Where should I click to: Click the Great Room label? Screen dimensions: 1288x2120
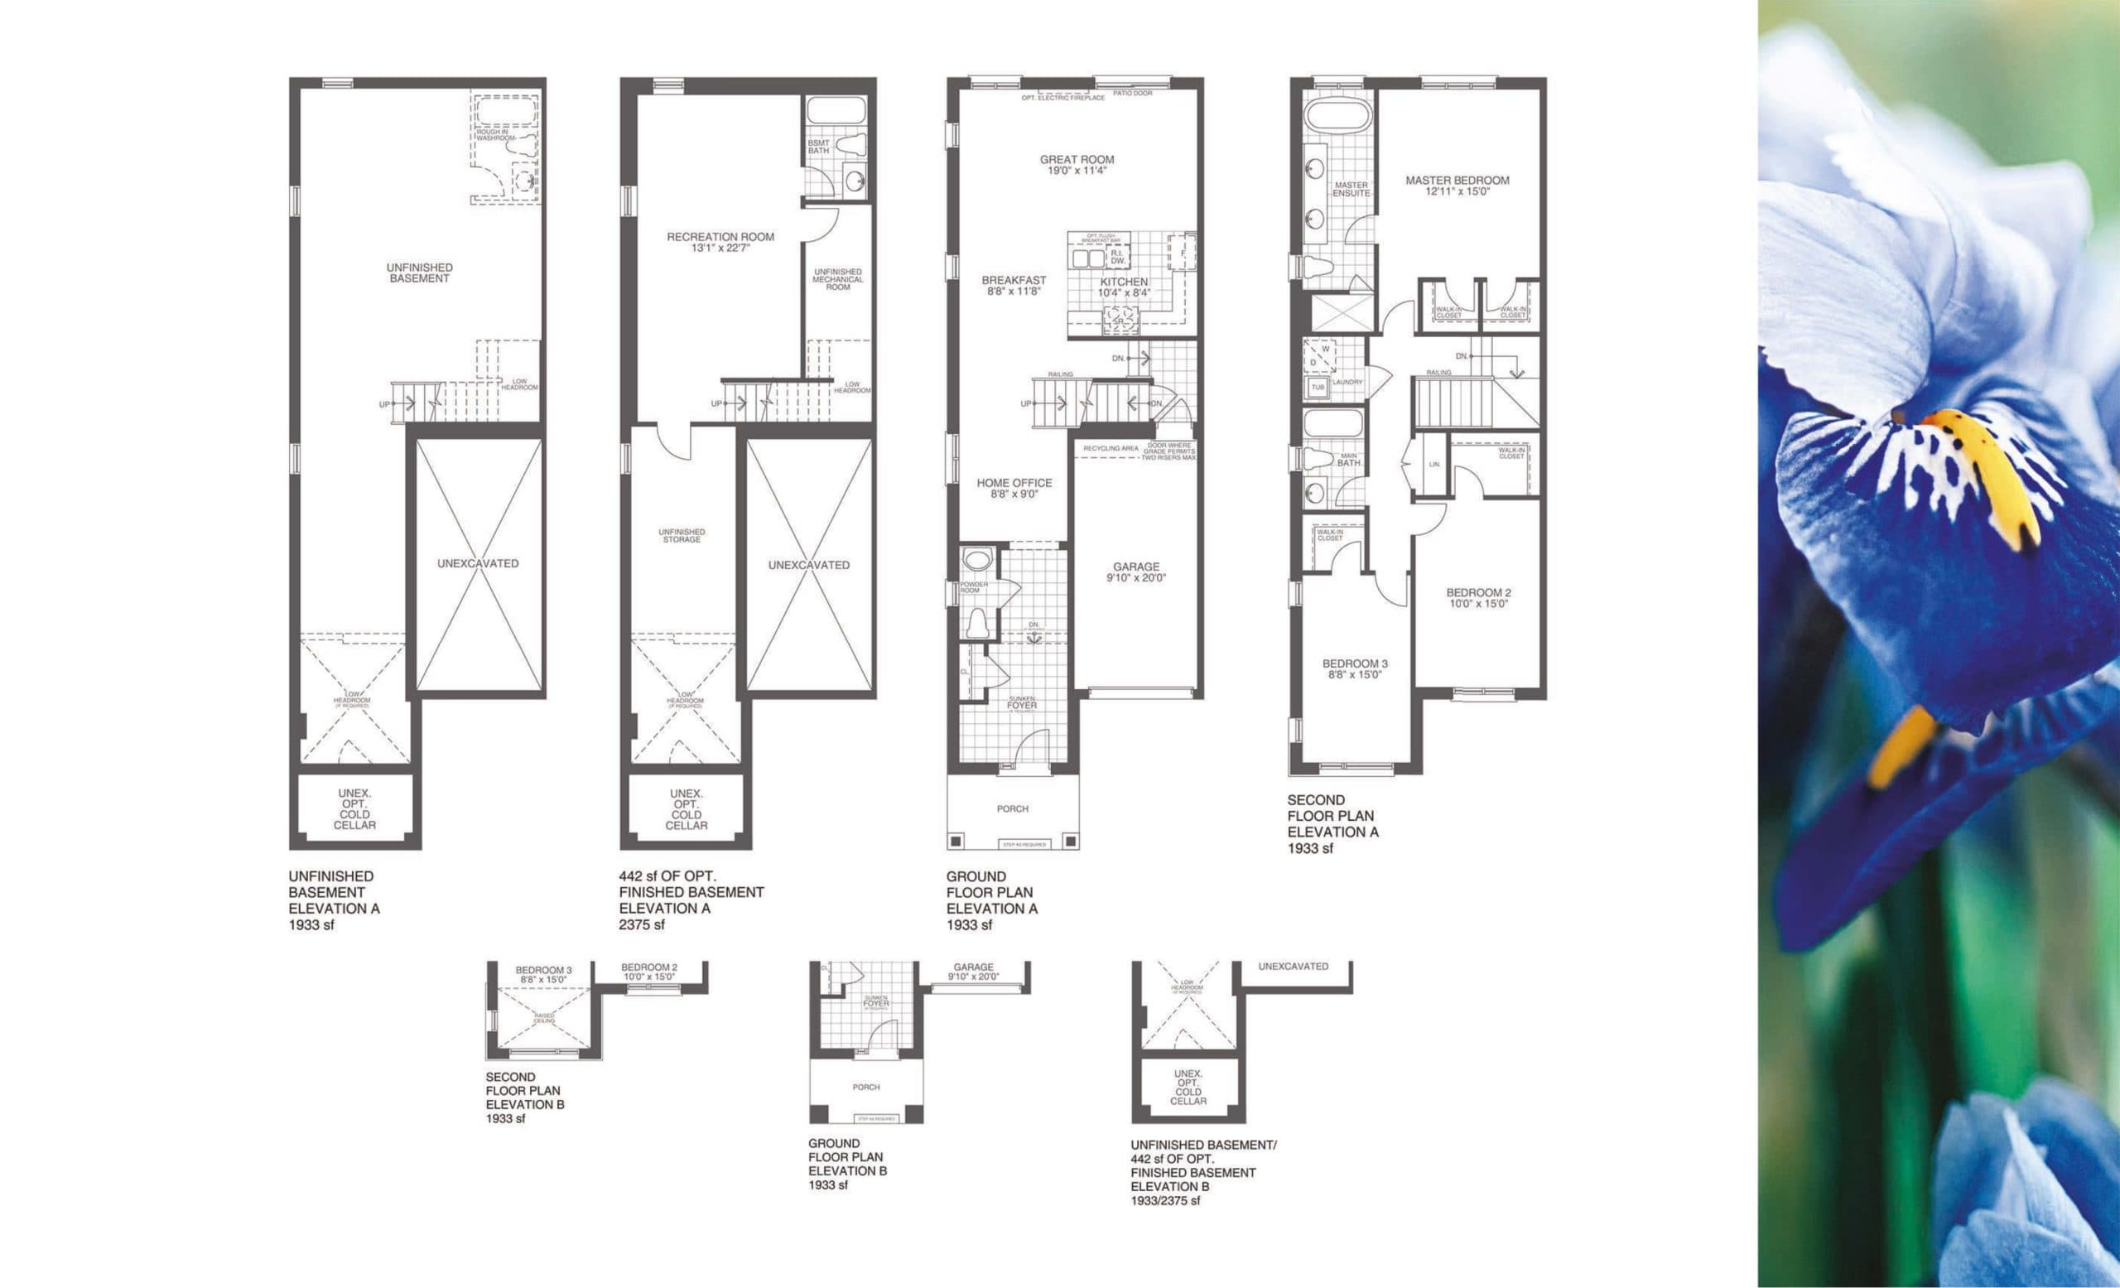1077,159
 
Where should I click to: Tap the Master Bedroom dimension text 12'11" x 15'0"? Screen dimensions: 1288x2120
1457,192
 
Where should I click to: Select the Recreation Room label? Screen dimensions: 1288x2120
720,237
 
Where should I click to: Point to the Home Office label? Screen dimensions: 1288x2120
1014,483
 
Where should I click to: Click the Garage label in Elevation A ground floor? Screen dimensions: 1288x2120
1135,566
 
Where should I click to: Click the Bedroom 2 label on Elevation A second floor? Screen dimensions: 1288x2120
1478,592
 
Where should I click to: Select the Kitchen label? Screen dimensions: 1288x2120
1124,282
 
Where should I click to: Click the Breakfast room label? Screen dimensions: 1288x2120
1014,280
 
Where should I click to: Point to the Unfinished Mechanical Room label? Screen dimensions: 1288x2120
838,280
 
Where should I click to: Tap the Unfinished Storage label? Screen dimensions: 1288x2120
682,535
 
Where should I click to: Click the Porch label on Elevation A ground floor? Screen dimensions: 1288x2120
1013,808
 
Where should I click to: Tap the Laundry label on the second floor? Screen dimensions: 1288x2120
1347,382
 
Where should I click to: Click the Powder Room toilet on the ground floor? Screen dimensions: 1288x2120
976,621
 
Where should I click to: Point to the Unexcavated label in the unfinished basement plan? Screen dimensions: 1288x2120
478,563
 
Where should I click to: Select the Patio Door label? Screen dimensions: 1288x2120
1132,93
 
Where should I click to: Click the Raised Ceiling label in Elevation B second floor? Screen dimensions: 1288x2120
545,1018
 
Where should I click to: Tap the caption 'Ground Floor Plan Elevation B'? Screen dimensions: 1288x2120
846,1164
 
